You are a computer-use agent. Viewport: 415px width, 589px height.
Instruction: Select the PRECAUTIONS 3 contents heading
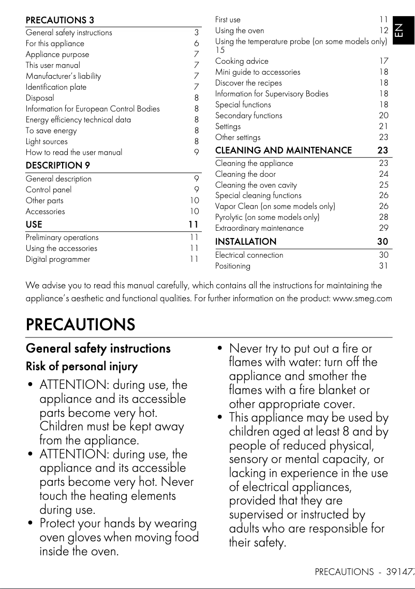tap(60, 21)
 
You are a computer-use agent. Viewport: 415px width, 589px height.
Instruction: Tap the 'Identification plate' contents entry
tap(56, 87)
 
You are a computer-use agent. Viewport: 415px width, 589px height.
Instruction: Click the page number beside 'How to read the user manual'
tap(197, 152)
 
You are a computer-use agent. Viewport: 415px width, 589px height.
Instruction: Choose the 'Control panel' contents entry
tap(49, 190)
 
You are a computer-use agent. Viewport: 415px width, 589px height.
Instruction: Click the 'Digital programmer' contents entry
tap(58, 259)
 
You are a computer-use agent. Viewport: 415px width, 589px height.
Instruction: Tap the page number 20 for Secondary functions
tap(383, 116)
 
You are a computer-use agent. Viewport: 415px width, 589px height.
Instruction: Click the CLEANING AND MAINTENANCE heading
tap(283, 151)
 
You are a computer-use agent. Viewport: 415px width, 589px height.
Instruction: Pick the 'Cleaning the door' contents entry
tap(245, 174)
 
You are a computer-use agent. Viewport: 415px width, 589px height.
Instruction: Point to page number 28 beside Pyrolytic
tap(383, 217)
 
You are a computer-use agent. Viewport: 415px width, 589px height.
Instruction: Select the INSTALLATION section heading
tap(246, 242)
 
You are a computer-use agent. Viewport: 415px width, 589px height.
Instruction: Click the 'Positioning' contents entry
tap(233, 266)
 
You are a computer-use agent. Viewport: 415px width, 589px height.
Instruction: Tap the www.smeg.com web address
tap(362, 298)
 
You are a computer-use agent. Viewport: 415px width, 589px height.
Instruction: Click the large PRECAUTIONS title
tap(80, 325)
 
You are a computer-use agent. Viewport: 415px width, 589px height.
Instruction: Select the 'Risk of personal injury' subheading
tap(82, 367)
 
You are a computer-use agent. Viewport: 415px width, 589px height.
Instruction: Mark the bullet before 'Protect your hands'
tap(31, 524)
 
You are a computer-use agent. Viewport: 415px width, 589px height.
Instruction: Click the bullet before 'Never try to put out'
tap(220, 349)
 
